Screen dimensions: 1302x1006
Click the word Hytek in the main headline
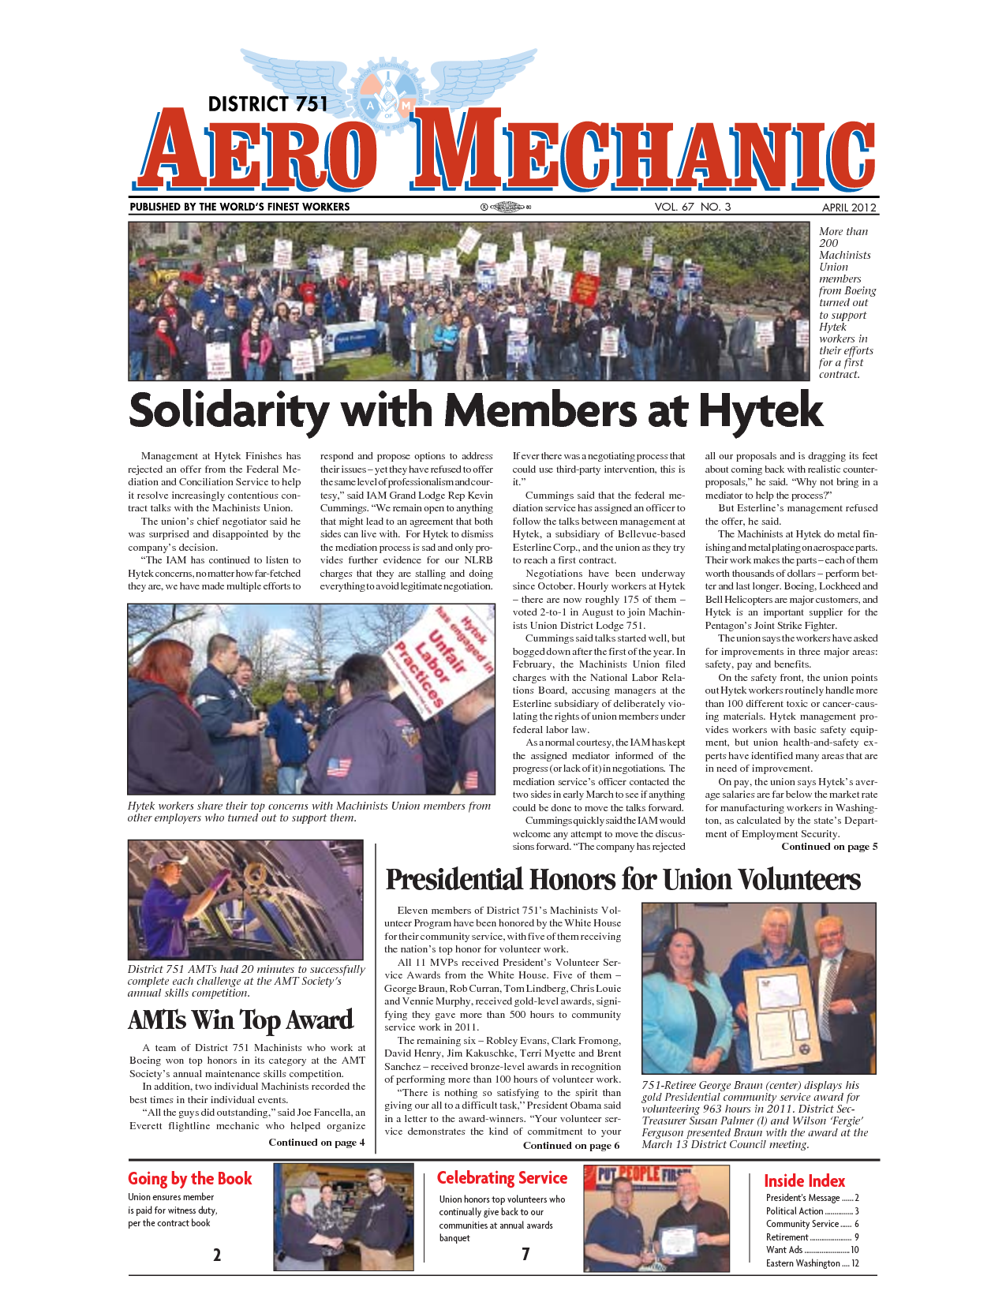(761, 410)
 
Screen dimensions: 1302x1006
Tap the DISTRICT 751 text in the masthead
(267, 104)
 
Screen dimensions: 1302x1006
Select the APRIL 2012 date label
(849, 208)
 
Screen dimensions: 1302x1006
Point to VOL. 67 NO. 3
(692, 207)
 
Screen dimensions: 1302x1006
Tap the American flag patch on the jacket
(338, 766)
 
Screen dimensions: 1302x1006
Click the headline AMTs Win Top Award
(240, 1020)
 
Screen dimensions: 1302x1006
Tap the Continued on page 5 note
(828, 847)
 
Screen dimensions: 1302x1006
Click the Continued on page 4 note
(316, 1142)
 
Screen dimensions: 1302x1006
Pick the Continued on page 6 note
(570, 1145)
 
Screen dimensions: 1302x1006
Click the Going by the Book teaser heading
(189, 1179)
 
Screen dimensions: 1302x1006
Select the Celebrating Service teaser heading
(502, 1178)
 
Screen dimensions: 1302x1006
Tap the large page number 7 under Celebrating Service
(525, 1254)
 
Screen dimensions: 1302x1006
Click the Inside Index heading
(804, 1181)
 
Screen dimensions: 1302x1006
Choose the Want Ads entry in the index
(812, 1250)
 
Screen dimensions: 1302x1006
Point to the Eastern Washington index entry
(812, 1263)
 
